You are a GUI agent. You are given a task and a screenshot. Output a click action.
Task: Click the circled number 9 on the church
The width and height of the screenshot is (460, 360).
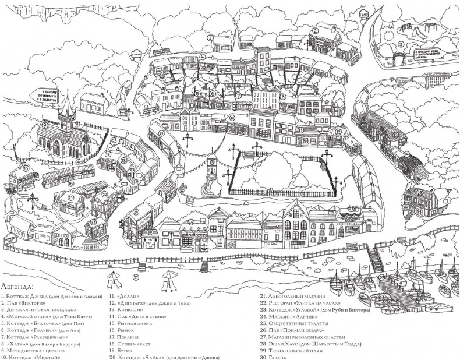[45, 125]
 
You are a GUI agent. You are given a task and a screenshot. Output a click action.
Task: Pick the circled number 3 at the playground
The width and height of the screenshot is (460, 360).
[401, 44]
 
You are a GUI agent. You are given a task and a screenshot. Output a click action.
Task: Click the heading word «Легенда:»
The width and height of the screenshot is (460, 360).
[17, 287]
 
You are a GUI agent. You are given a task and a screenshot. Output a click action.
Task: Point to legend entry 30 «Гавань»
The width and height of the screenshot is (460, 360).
[277, 357]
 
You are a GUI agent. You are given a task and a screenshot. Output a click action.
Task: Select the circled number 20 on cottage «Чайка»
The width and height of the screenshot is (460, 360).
[167, 184]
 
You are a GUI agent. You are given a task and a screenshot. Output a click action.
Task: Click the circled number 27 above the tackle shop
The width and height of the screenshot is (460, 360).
[351, 208]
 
